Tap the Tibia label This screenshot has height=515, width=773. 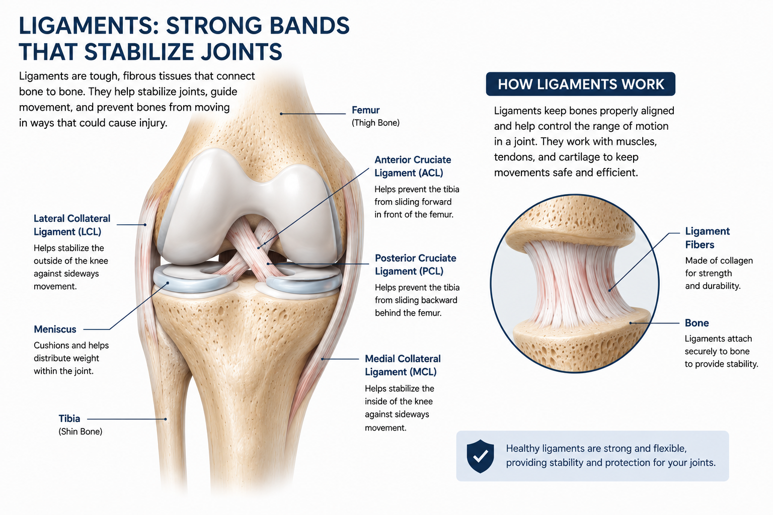point(69,418)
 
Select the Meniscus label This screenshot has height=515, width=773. point(55,329)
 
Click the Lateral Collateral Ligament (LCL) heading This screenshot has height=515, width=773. point(72,225)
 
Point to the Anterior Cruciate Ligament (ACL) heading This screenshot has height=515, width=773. point(413,166)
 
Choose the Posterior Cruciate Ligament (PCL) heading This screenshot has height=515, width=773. point(416,265)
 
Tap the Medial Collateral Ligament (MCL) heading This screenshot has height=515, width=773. point(403,365)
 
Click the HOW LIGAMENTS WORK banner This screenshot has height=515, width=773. point(580,84)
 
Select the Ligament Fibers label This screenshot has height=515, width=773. point(708,238)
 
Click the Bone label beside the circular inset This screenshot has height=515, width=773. point(697,323)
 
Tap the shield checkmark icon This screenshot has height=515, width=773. point(480,456)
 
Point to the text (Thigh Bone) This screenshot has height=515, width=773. point(375,123)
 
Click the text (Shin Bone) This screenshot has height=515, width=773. point(81,432)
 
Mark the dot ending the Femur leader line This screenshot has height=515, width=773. point(281,114)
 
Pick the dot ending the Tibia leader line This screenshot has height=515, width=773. point(166,419)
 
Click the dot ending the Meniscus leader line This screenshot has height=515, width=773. point(168,283)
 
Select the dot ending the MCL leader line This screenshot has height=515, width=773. point(322,359)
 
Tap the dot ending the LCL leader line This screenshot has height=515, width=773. point(145,225)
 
